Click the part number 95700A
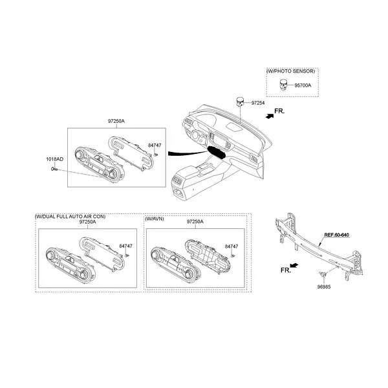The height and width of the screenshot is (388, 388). click(303, 85)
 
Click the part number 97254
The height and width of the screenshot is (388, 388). click(258, 103)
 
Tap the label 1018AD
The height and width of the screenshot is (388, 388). click(54, 159)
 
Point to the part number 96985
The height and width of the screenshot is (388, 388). click(323, 286)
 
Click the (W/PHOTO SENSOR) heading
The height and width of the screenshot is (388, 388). click(291, 70)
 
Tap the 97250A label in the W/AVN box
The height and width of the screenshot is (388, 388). click(195, 222)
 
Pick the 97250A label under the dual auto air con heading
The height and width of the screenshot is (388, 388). click(87, 222)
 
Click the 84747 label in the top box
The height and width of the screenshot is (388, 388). click(155, 145)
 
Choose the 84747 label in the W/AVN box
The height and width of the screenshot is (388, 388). click(231, 246)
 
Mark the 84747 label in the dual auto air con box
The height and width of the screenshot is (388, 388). click(126, 246)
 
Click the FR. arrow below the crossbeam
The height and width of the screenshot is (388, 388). click(288, 267)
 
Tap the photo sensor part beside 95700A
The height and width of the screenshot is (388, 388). click(283, 84)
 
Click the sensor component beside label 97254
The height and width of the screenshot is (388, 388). click(241, 101)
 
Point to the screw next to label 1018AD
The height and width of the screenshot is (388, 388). click(54, 169)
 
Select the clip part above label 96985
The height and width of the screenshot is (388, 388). click(323, 274)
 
